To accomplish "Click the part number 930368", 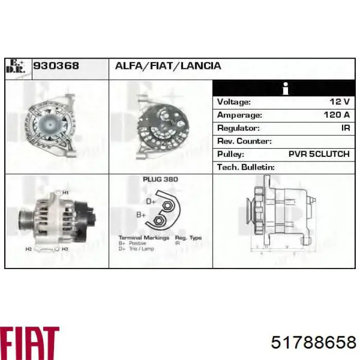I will click(x=56, y=66).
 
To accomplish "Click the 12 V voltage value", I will click(x=340, y=102).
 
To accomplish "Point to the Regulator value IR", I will click(x=345, y=128).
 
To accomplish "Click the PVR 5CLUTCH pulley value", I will click(x=319, y=154).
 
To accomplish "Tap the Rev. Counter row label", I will click(x=244, y=141).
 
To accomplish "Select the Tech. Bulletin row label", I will click(x=245, y=167).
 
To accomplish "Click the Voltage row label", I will click(x=234, y=102).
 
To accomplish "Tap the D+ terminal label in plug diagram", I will click(x=151, y=202).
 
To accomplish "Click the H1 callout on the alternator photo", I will click(x=65, y=192).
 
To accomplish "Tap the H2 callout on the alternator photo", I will click(x=29, y=249).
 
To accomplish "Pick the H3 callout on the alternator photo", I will click(x=65, y=249).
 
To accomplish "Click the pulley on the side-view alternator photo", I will click(x=24, y=221).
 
